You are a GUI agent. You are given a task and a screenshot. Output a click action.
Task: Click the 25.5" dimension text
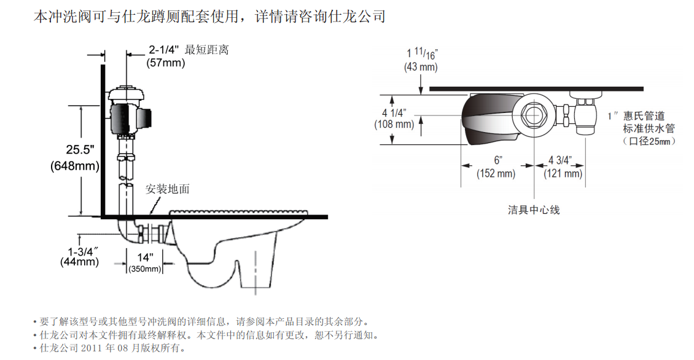point(80,150)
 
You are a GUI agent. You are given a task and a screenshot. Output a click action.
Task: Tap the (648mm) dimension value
point(75,166)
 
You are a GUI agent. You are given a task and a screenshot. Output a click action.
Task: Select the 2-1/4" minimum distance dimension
point(164,50)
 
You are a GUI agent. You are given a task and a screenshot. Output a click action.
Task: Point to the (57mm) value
point(166,63)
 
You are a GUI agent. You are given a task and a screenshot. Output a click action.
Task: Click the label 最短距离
point(207,50)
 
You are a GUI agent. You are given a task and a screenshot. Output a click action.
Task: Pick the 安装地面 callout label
point(168,189)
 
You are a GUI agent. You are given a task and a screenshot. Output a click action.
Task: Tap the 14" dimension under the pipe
point(145,257)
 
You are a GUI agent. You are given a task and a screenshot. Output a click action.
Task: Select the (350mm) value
point(145,269)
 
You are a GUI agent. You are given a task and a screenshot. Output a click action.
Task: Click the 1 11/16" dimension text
point(422,53)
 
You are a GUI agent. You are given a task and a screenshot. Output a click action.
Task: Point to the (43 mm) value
point(421,67)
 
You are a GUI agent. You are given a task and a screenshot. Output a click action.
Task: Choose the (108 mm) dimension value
point(394,125)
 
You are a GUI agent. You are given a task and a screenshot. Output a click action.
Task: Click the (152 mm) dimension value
point(496,174)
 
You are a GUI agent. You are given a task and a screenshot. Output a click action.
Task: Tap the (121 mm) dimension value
point(563,174)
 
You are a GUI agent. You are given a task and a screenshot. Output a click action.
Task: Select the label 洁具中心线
point(534,209)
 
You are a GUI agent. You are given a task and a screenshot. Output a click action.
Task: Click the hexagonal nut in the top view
point(534,115)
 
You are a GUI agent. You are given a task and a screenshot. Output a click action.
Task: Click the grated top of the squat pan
point(238,213)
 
